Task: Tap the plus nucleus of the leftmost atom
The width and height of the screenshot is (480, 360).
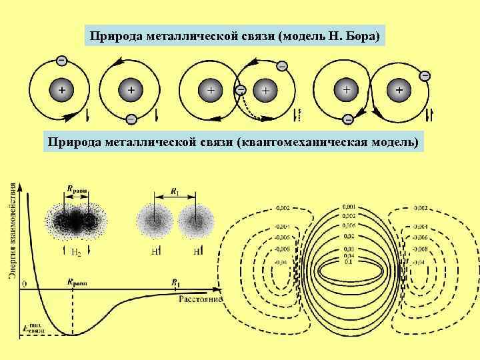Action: point(61,89)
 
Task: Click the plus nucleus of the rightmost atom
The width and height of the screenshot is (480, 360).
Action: point(399,89)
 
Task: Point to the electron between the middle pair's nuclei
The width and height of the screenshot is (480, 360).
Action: point(241,89)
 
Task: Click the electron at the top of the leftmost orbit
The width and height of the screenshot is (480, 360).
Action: point(61,60)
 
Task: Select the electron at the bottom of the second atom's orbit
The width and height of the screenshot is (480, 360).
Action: point(131,119)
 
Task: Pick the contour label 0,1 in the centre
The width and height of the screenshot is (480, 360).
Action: point(347,260)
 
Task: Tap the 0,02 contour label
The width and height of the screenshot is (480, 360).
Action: point(348,235)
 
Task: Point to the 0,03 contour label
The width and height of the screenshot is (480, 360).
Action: point(348,248)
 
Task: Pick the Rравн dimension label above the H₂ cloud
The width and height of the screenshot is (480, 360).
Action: point(77,189)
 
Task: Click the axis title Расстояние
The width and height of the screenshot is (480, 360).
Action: point(199,299)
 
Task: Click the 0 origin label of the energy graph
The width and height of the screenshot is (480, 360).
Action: point(24,285)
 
